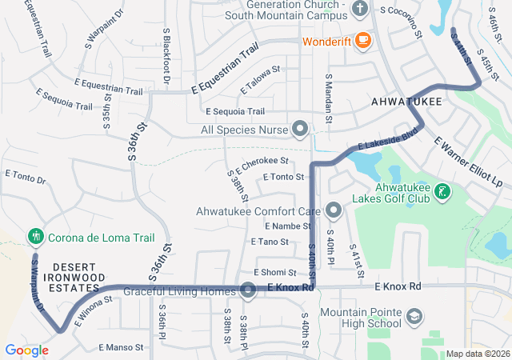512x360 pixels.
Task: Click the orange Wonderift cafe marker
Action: click(x=362, y=39)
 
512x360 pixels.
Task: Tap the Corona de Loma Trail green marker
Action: click(x=34, y=237)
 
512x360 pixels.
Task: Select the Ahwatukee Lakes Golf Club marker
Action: click(x=441, y=192)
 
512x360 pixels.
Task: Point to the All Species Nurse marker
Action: click(x=300, y=128)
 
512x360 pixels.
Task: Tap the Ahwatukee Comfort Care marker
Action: click(x=334, y=212)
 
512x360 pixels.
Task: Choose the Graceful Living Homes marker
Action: click(x=248, y=290)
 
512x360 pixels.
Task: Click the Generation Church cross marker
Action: click(x=359, y=10)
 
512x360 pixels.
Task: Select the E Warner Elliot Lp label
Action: click(x=468, y=162)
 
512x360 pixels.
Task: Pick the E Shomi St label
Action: click(x=275, y=273)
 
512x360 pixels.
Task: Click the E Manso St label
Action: click(x=121, y=347)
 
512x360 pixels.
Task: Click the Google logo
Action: click(x=26, y=350)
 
